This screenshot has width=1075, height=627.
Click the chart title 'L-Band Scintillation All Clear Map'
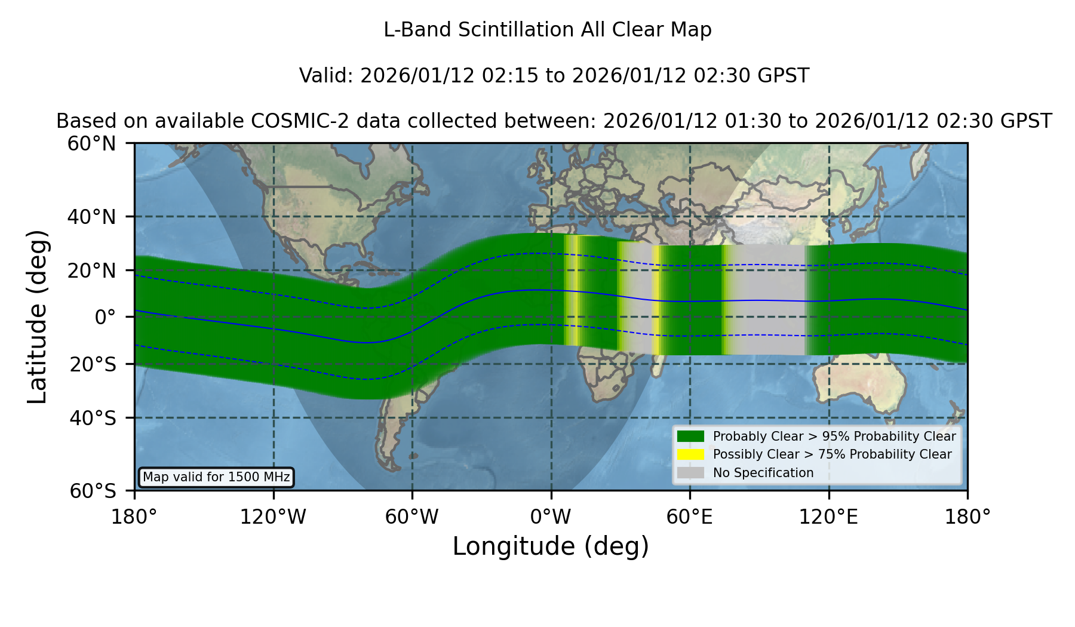coord(547,30)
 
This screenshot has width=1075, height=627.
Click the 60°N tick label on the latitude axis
coord(92,143)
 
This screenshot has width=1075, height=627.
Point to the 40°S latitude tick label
coord(93,418)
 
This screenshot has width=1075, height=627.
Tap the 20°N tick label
coord(92,271)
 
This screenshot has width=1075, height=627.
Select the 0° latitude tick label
coord(105,316)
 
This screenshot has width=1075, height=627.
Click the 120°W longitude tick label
coord(274,517)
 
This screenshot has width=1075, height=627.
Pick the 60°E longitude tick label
coord(690,517)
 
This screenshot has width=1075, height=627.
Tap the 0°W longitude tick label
coord(551,517)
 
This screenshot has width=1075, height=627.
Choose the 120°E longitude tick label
coord(829,517)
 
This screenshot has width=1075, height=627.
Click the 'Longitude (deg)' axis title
coord(551,546)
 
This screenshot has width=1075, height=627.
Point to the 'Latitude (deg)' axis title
coord(37,316)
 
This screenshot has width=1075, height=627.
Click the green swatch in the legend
coord(690,436)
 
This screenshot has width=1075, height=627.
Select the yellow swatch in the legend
coord(690,454)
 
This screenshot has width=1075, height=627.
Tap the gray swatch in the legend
coord(690,473)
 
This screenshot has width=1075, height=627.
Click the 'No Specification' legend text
coord(763,473)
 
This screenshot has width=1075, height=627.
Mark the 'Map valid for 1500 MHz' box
coord(216,477)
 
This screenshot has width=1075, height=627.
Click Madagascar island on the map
coord(658,358)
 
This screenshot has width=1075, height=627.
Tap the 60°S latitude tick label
coord(93,491)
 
